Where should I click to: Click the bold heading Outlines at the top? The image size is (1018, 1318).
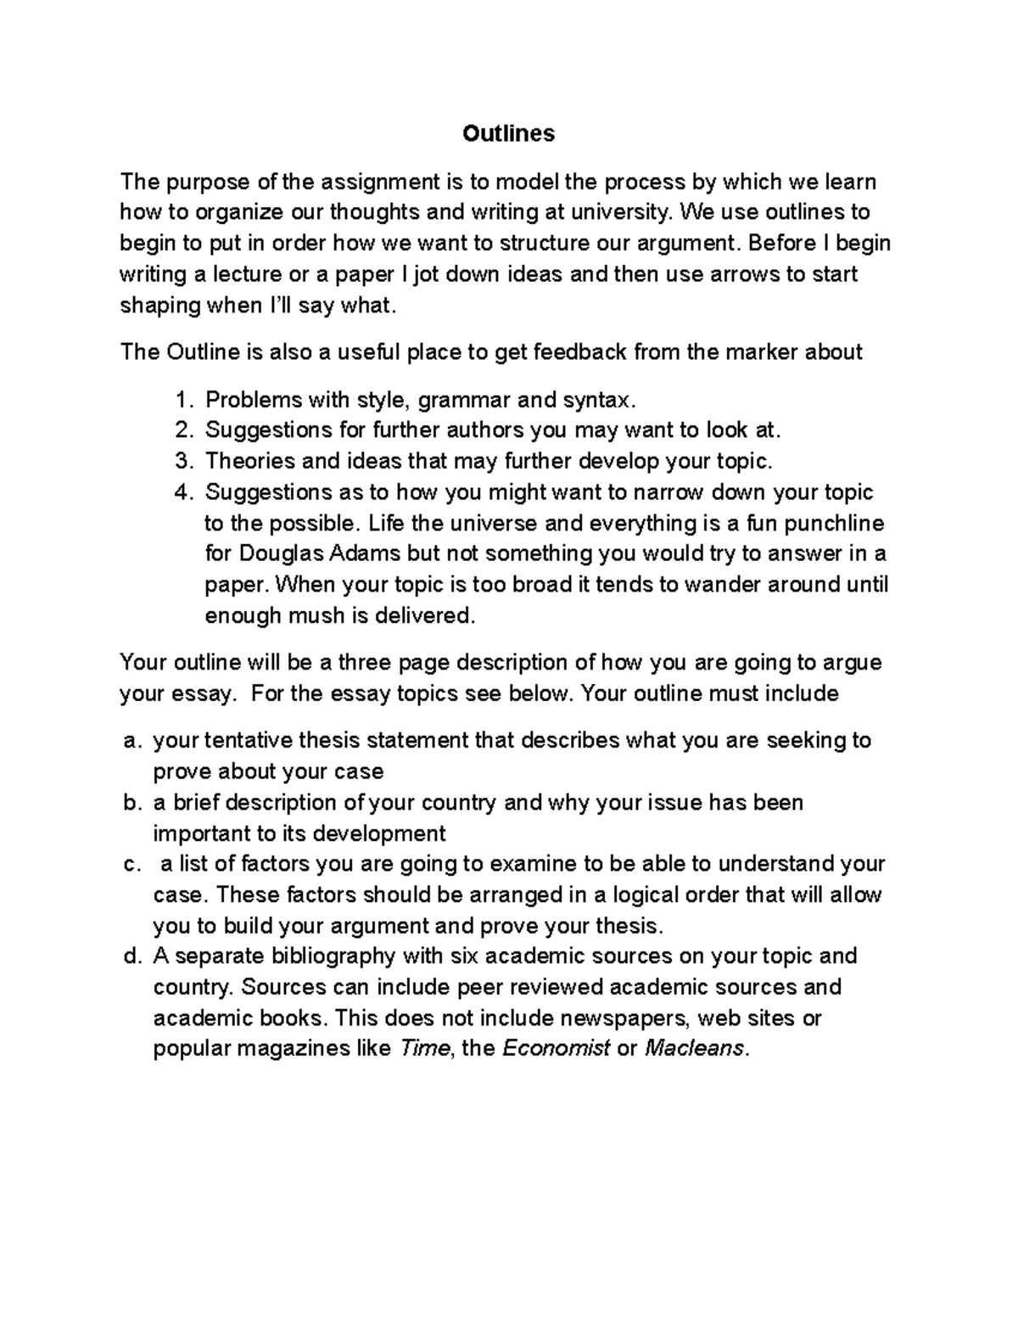click(508, 133)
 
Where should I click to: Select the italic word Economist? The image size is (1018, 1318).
click(557, 1049)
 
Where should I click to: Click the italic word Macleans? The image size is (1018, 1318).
click(694, 1049)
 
